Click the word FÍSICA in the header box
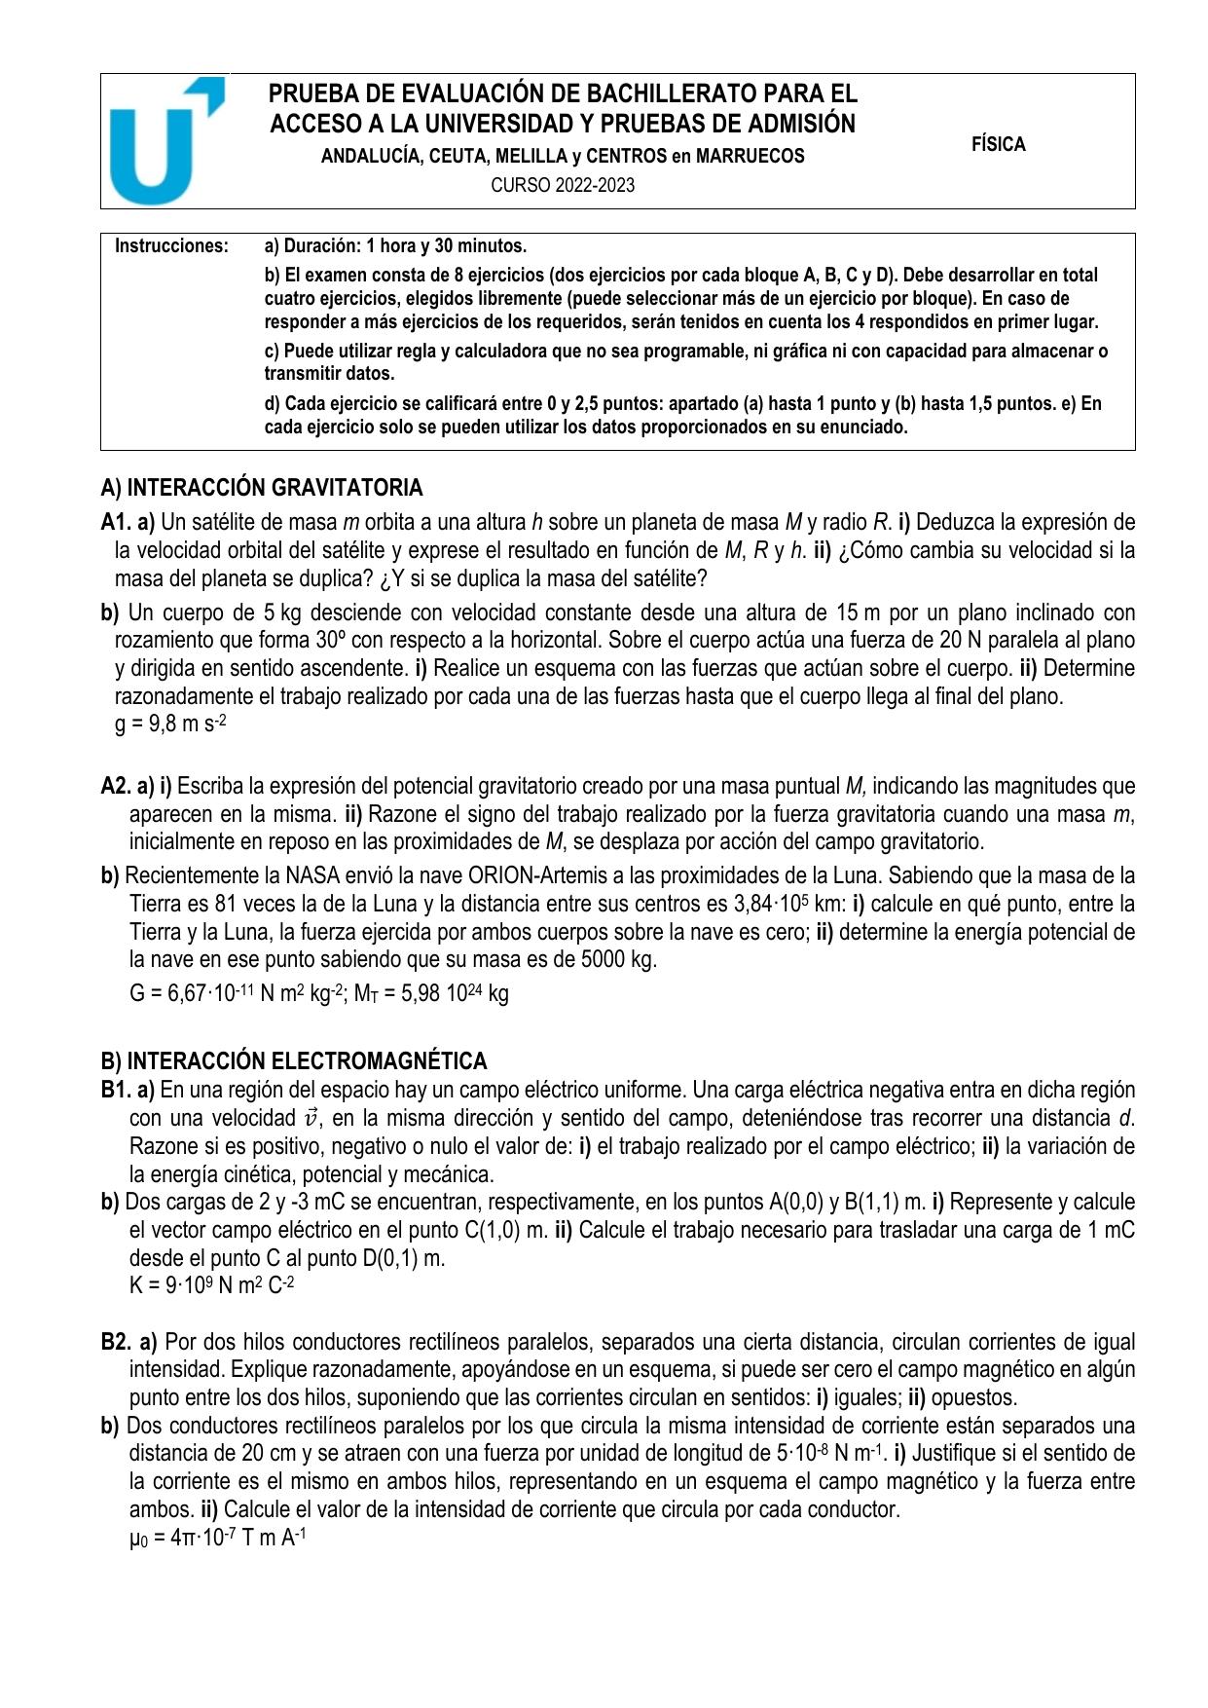998,144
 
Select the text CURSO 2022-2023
563,185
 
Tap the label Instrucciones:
172,245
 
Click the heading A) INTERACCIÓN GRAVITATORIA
262,487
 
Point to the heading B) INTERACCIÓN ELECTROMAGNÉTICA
294,1060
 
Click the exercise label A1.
116,522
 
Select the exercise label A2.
116,786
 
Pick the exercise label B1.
116,1090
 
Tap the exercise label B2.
116,1343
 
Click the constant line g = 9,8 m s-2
171,724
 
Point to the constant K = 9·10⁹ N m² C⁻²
211,1285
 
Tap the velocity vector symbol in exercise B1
312,1118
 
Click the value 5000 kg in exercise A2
617,959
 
